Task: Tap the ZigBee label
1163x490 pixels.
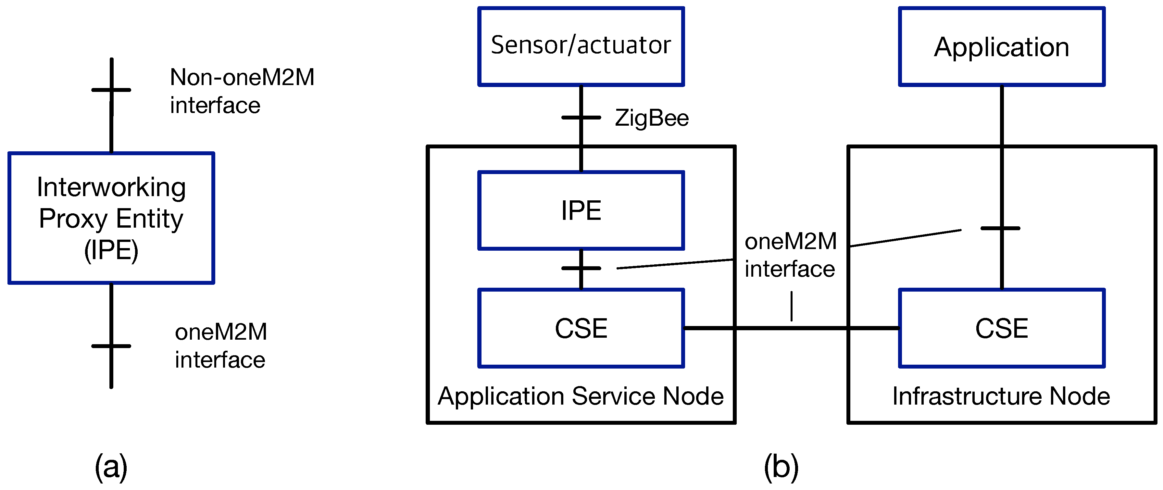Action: tap(652, 118)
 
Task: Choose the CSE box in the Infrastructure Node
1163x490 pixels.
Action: tap(1001, 328)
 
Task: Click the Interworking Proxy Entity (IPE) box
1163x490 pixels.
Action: tap(111, 218)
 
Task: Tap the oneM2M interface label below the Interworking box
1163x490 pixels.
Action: tap(221, 346)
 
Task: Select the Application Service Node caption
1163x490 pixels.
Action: tap(581, 396)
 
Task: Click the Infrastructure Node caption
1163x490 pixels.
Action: tap(1001, 396)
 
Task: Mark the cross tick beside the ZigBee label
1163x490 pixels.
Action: tap(581, 118)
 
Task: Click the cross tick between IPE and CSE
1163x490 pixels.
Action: tap(581, 268)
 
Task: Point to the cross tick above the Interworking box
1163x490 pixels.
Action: tap(111, 90)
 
